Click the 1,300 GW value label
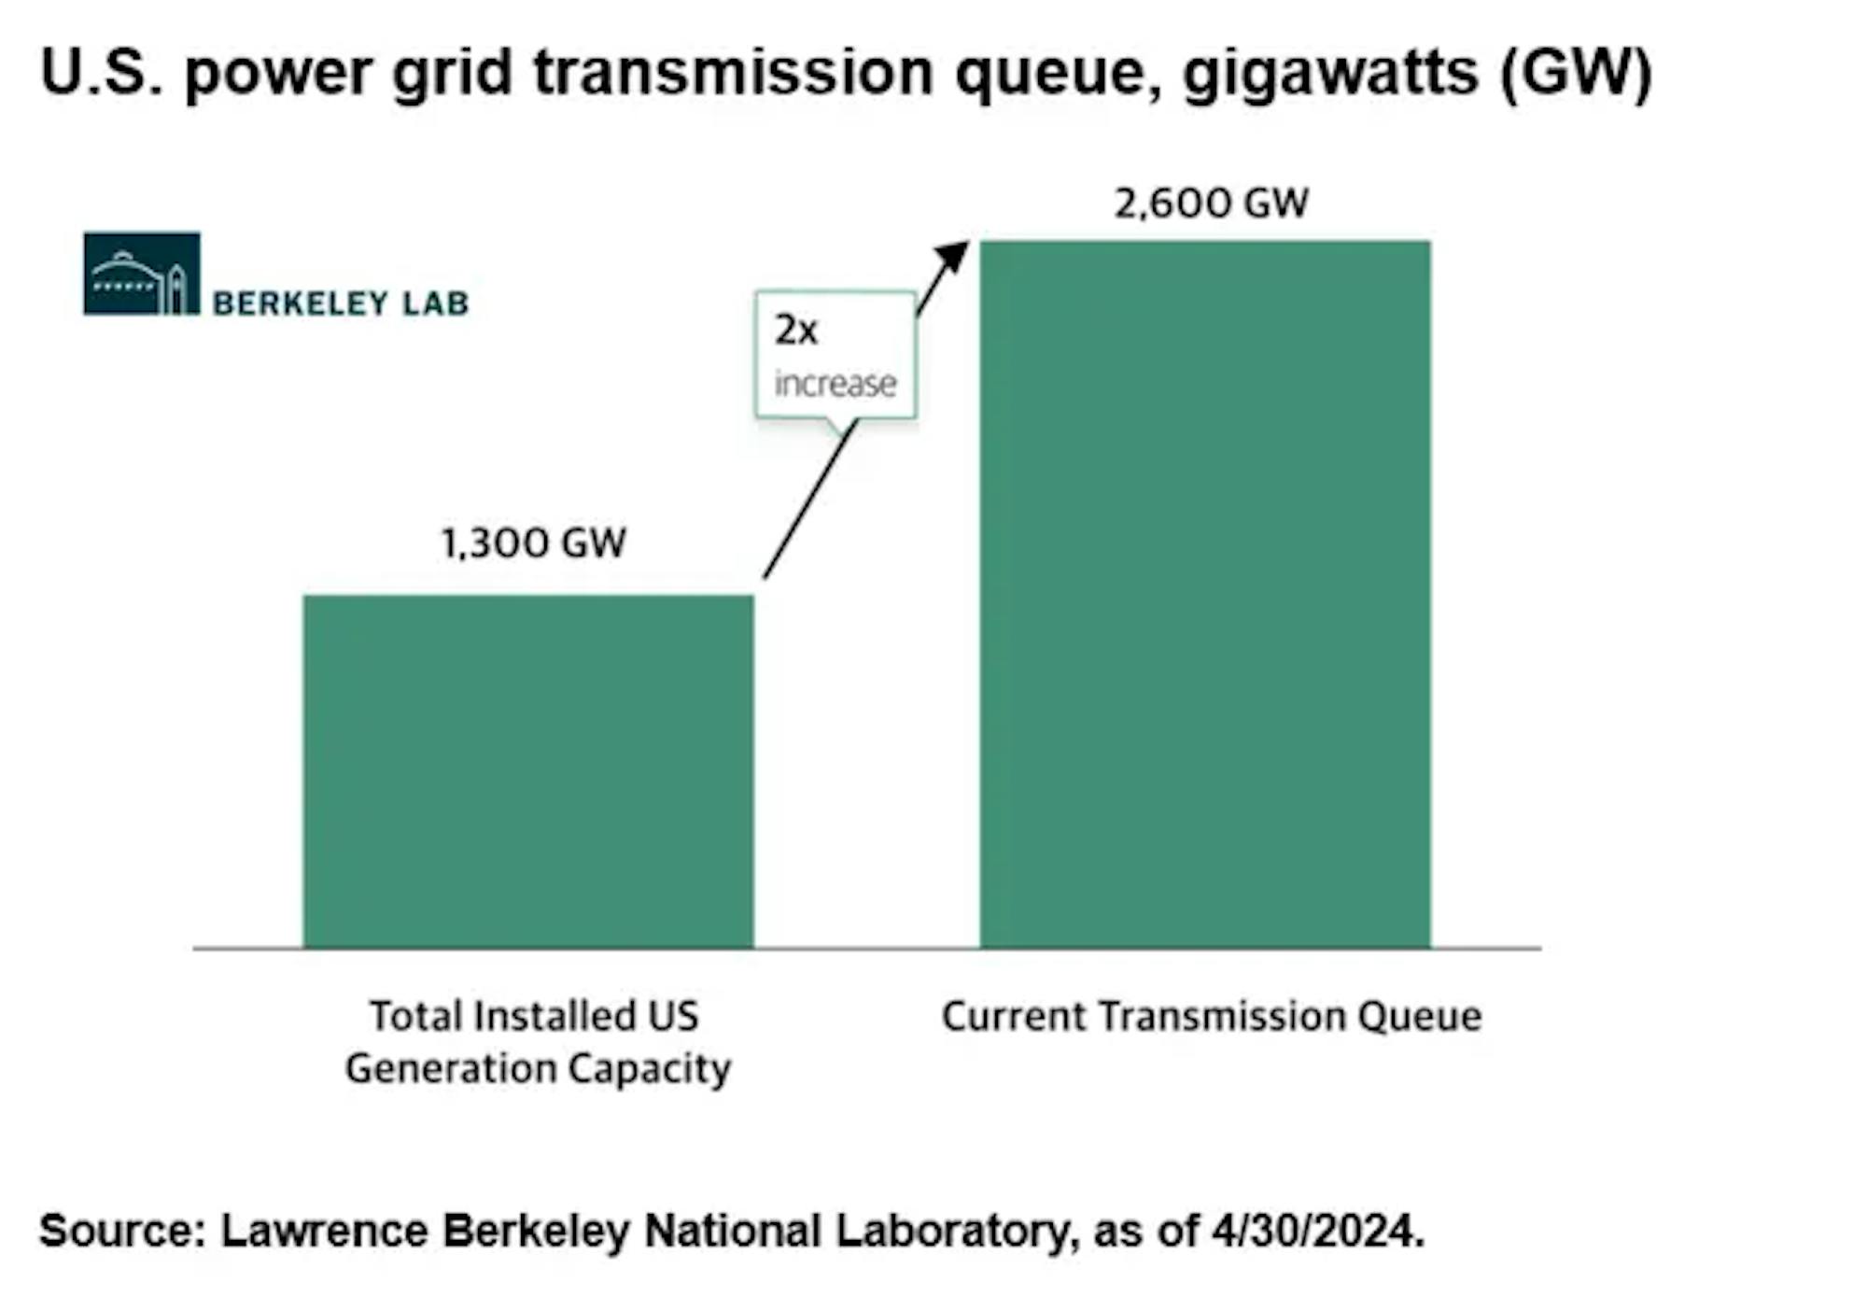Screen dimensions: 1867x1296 click(533, 542)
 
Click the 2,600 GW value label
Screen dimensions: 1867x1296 click(1212, 203)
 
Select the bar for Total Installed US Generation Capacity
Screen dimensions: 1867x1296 click(528, 771)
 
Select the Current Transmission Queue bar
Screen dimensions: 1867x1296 click(1205, 595)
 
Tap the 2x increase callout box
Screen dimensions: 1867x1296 click(835, 355)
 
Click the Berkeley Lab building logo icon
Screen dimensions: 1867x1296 click(142, 274)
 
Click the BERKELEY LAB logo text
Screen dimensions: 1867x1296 click(341, 303)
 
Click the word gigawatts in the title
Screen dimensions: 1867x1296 click(1331, 74)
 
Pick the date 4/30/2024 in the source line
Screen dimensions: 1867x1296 click(1318, 1231)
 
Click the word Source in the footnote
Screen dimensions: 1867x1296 click(122, 1231)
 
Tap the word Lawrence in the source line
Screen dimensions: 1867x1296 click(325, 1231)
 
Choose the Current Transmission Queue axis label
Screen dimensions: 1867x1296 click(1212, 1017)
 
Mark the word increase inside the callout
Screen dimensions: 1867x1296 click(835, 383)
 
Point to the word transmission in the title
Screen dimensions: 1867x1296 click(734, 72)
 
